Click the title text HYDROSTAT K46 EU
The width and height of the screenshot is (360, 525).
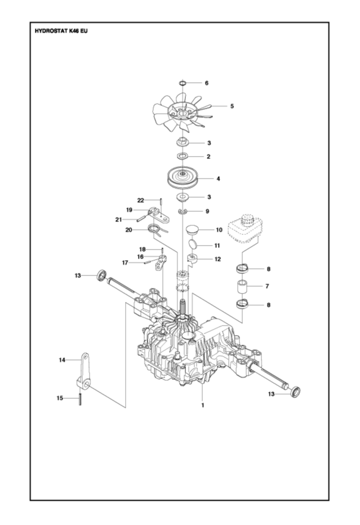click(x=61, y=31)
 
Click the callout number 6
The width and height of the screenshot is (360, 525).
click(x=206, y=83)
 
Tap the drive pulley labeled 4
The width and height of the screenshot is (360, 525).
click(x=183, y=178)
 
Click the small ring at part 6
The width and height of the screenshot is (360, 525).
click(x=183, y=83)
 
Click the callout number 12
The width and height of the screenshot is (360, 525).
click(x=217, y=259)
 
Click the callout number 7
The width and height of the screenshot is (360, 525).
click(x=268, y=287)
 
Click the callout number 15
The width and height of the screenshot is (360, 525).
click(x=60, y=398)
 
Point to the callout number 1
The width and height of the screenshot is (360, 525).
click(x=203, y=404)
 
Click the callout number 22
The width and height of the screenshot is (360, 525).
click(x=141, y=200)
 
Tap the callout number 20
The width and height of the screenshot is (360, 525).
click(x=128, y=230)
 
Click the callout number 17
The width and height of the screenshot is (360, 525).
click(x=125, y=262)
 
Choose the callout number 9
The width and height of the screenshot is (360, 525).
click(x=208, y=211)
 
